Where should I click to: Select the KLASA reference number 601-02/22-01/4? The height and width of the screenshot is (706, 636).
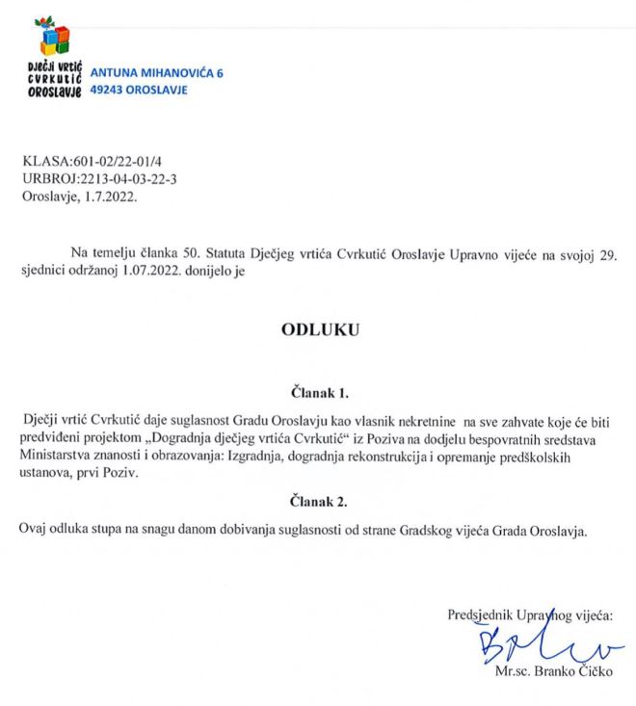click(x=112, y=159)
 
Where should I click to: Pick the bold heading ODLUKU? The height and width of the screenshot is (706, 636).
click(x=317, y=328)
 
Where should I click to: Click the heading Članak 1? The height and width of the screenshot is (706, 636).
click(x=317, y=392)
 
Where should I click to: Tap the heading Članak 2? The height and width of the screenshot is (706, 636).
click(x=317, y=501)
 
